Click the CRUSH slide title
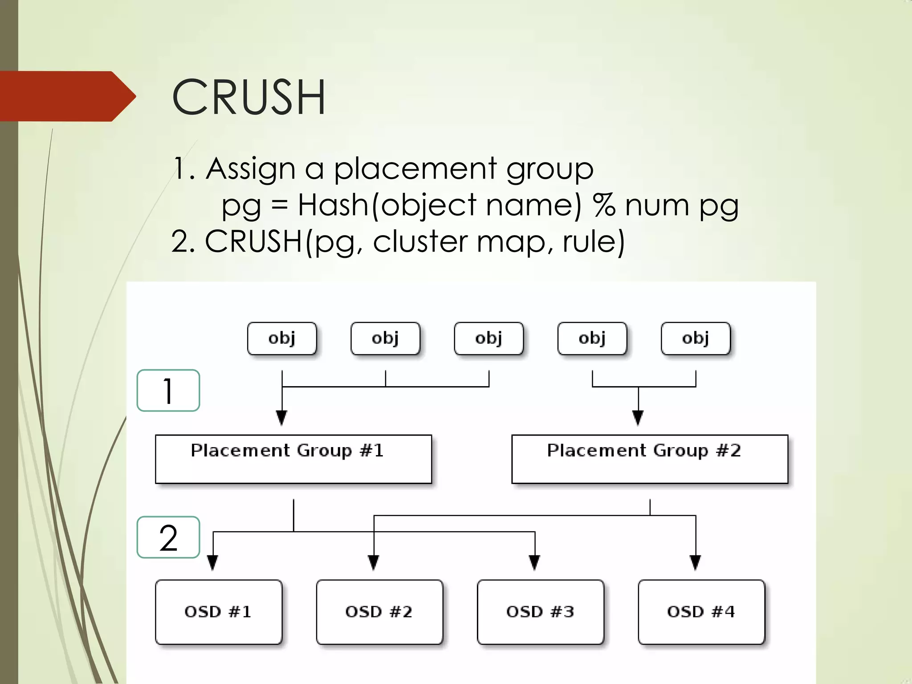tap(248, 97)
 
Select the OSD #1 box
tap(218, 611)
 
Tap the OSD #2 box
tap(379, 611)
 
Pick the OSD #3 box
tap(540, 611)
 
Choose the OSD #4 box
tap(701, 611)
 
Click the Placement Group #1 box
tap(293, 459)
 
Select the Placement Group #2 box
tap(649, 459)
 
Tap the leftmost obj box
tap(282, 338)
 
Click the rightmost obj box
tap(696, 338)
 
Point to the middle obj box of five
tap(489, 338)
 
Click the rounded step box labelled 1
tap(168, 391)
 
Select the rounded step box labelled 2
tap(168, 537)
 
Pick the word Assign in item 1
tap(251, 169)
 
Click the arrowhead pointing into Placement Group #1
tap(282, 418)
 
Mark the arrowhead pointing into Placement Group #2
tap(638, 418)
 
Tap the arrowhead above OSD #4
tap(696, 562)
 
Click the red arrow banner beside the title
tap(67, 96)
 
